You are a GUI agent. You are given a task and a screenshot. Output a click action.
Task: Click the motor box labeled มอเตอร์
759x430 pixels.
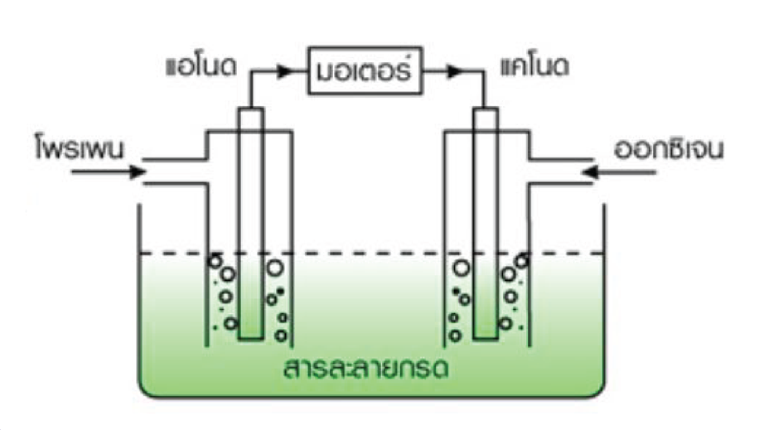(x=365, y=71)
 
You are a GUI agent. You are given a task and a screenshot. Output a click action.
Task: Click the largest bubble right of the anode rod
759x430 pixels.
(x=274, y=268)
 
